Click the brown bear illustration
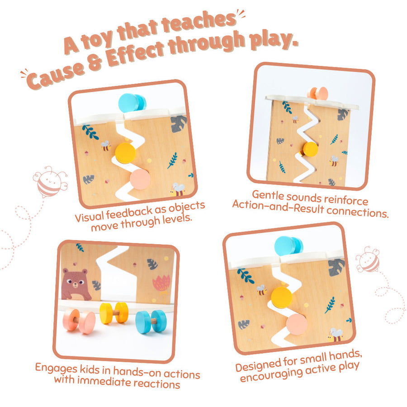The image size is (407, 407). tap(76, 284)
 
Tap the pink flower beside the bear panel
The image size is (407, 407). tap(162, 287)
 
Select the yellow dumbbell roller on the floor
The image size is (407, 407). tap(114, 313)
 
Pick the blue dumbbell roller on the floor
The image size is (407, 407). tap(151, 322)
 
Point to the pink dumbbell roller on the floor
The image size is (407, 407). tap(79, 321)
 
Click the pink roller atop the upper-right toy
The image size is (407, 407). tap(318, 93)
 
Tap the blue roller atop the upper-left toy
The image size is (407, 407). tap(132, 103)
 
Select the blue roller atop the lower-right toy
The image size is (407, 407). tap(289, 246)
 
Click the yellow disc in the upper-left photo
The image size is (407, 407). tap(125, 153)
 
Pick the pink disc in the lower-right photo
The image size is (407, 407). tap(297, 324)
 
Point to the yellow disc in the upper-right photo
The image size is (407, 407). tap(310, 150)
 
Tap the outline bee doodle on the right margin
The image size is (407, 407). tap(368, 260)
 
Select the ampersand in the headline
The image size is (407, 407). tap(95, 63)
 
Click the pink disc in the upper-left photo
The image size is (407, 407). tap(140, 180)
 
